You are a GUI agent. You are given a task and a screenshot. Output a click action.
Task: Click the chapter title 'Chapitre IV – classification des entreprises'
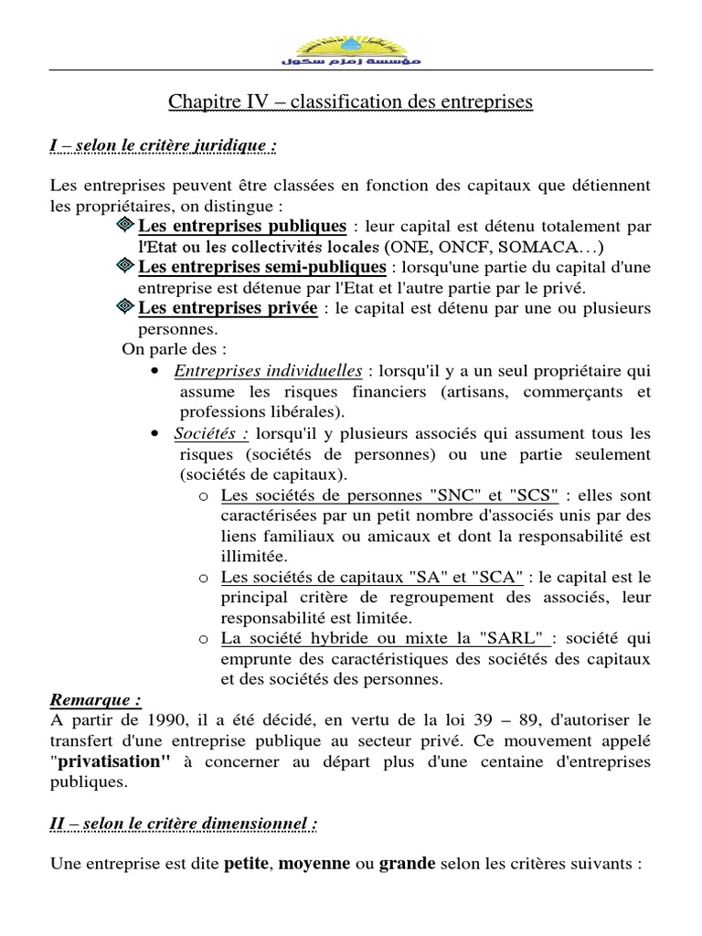pyautogui.click(x=350, y=102)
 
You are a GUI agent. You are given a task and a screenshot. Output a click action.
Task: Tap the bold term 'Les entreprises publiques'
pyautogui.click(x=242, y=225)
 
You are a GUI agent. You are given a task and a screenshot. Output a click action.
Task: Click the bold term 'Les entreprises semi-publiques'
pyautogui.click(x=261, y=267)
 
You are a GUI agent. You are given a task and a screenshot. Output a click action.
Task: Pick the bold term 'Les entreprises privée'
pyautogui.click(x=228, y=308)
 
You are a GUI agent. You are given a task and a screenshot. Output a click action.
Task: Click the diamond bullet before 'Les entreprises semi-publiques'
pyautogui.click(x=127, y=266)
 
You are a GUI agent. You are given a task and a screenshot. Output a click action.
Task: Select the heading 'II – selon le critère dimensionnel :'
pyautogui.click(x=184, y=824)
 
